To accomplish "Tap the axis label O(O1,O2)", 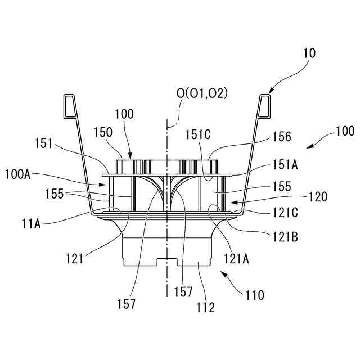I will (x=202, y=93).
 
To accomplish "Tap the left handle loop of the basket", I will (x=69, y=105).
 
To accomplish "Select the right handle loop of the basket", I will (x=265, y=105).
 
